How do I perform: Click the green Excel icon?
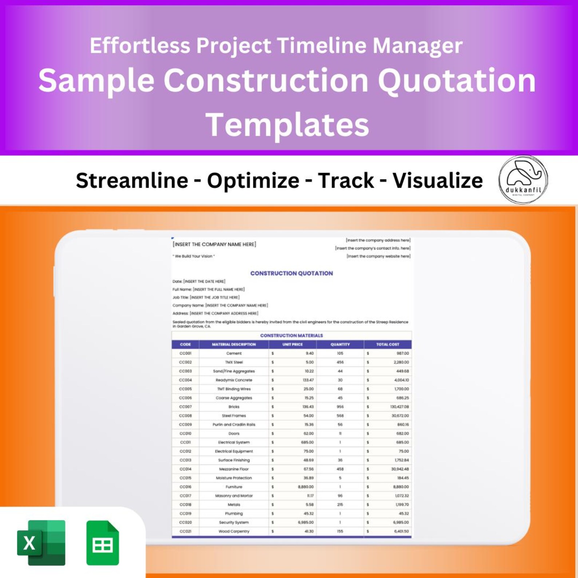41,543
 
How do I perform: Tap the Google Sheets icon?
103,543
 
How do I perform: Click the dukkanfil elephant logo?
523,179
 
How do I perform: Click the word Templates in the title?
288,125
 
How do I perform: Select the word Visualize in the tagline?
438,181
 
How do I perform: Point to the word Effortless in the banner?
140,46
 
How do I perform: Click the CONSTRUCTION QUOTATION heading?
291,273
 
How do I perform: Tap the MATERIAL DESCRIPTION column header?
234,344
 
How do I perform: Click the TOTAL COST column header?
387,344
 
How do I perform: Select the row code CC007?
185,407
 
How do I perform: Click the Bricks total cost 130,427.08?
399,407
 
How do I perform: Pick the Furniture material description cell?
234,487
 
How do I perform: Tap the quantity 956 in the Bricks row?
340,407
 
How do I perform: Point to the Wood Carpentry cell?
234,531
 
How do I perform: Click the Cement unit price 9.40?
309,353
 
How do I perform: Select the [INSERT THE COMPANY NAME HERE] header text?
214,244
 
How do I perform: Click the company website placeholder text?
378,256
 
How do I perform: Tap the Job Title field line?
206,297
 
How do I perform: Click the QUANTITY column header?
340,344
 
